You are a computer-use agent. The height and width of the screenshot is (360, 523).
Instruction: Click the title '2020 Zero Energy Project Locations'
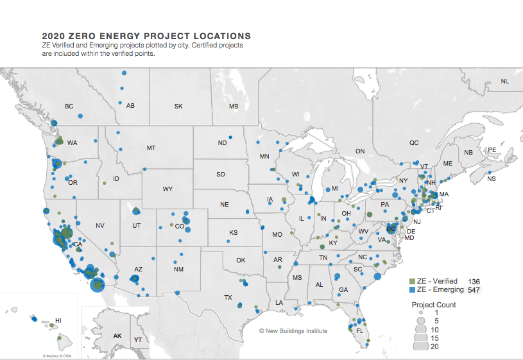pyautogui.click(x=146, y=36)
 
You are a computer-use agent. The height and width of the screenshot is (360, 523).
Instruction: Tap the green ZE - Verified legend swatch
pyautogui.click(x=413, y=282)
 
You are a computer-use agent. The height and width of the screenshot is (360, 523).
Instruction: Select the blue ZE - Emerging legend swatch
pyautogui.click(x=413, y=290)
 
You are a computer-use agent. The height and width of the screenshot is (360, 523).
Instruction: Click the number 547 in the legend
pyautogui.click(x=474, y=291)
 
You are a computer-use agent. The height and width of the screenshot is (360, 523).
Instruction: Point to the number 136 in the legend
pyautogui.click(x=474, y=282)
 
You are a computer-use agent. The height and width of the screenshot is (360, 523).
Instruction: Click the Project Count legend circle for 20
pyautogui.click(x=420, y=346)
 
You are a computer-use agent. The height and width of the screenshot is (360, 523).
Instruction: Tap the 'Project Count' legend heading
pyautogui.click(x=434, y=305)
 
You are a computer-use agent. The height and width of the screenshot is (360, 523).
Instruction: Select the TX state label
pyautogui.click(x=228, y=297)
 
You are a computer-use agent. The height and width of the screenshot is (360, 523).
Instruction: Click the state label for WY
pyautogui.click(x=168, y=189)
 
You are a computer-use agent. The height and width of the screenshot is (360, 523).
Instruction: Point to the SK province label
pyautogui.click(x=178, y=106)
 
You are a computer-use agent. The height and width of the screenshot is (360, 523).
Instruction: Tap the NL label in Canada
pyautogui.click(x=504, y=81)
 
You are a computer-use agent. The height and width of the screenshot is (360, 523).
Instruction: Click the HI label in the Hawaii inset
pyautogui.click(x=58, y=320)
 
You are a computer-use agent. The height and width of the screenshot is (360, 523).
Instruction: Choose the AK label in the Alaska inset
pyautogui.click(x=117, y=336)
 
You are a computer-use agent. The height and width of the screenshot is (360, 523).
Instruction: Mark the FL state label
pyautogui.click(x=359, y=331)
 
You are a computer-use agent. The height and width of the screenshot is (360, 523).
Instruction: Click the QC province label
pyautogui.click(x=414, y=143)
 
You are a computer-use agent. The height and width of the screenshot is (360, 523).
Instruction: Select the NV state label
pyautogui.click(x=99, y=225)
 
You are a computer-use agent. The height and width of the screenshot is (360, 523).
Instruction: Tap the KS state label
pyautogui.click(x=234, y=232)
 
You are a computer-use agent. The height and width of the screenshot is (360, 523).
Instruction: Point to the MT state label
pyautogui.click(x=151, y=148)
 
